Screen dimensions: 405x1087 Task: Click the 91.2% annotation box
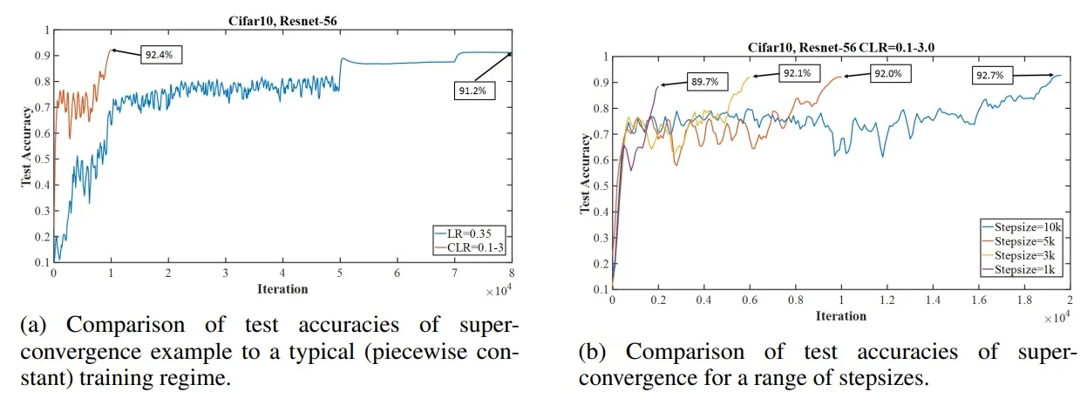click(x=473, y=88)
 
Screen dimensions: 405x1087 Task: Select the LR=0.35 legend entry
click(x=472, y=234)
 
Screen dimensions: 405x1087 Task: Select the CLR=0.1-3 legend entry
click(x=472, y=246)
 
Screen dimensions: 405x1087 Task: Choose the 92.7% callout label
click(x=988, y=76)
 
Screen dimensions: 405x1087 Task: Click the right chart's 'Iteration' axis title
click(x=839, y=315)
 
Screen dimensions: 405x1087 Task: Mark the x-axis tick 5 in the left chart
click(x=340, y=273)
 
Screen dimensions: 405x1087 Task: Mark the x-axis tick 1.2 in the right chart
click(x=887, y=300)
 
